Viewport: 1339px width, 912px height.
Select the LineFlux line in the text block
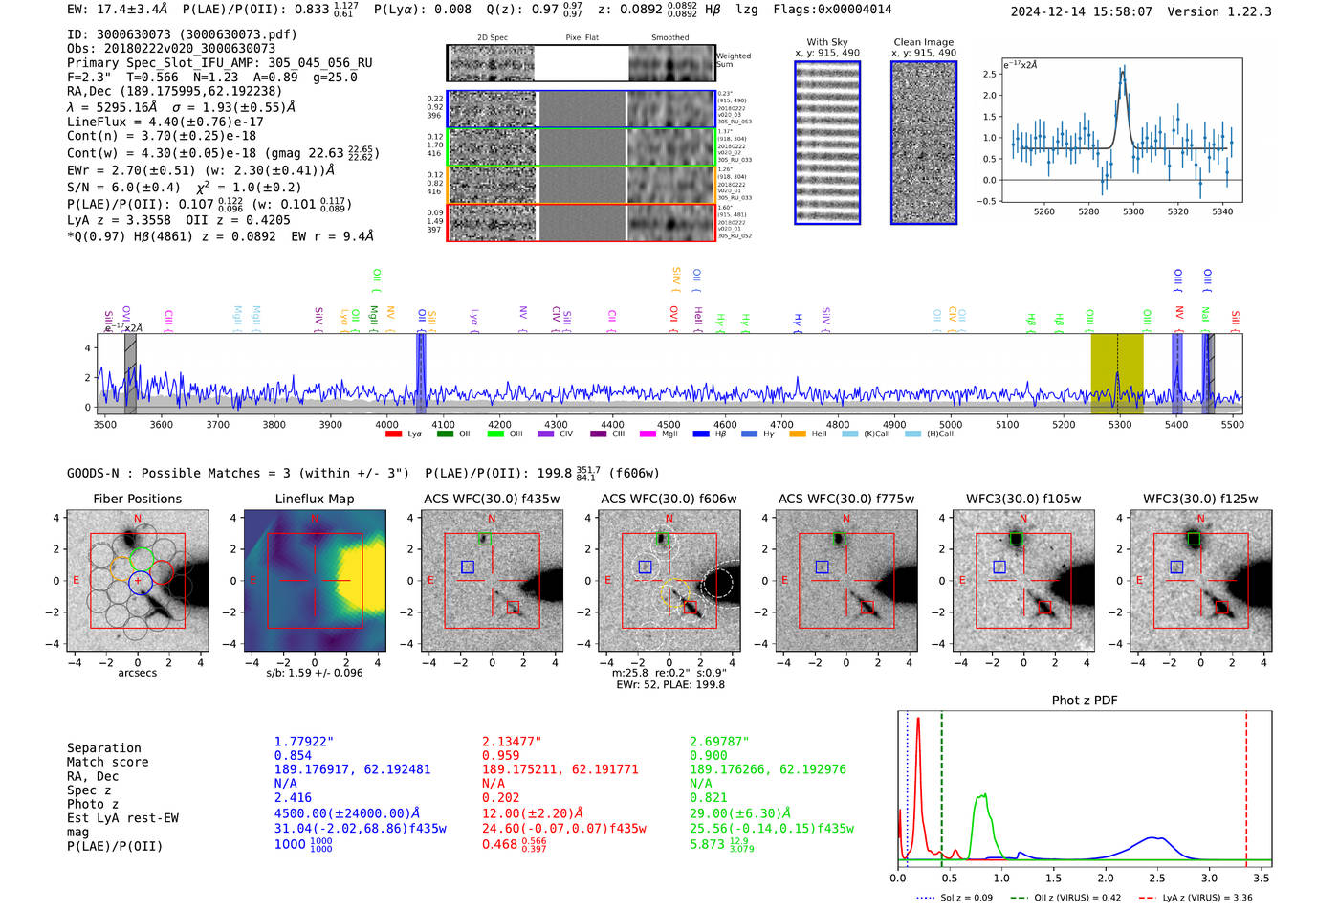pos(165,122)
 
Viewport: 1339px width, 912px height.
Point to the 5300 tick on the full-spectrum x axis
pos(1120,424)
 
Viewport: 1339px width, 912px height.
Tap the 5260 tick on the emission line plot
pos(1043,211)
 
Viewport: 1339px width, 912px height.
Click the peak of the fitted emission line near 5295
pos(1122,70)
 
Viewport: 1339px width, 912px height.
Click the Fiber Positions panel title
pos(137,499)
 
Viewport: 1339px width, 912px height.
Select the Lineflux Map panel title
pos(314,499)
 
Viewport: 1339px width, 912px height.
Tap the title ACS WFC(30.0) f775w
pos(845,499)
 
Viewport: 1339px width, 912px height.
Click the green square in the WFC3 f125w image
pos(1194,540)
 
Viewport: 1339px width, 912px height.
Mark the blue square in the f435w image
pos(468,567)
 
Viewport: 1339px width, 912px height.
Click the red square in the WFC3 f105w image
pos(1044,608)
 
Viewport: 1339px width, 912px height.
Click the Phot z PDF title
pos(1084,701)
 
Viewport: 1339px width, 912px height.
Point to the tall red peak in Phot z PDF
pos(918,720)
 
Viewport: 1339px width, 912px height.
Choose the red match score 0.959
pos(500,755)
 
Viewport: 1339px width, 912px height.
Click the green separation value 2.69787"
pos(719,742)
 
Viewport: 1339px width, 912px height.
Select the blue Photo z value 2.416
pos(293,797)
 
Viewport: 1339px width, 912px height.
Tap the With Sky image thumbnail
pos(827,143)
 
